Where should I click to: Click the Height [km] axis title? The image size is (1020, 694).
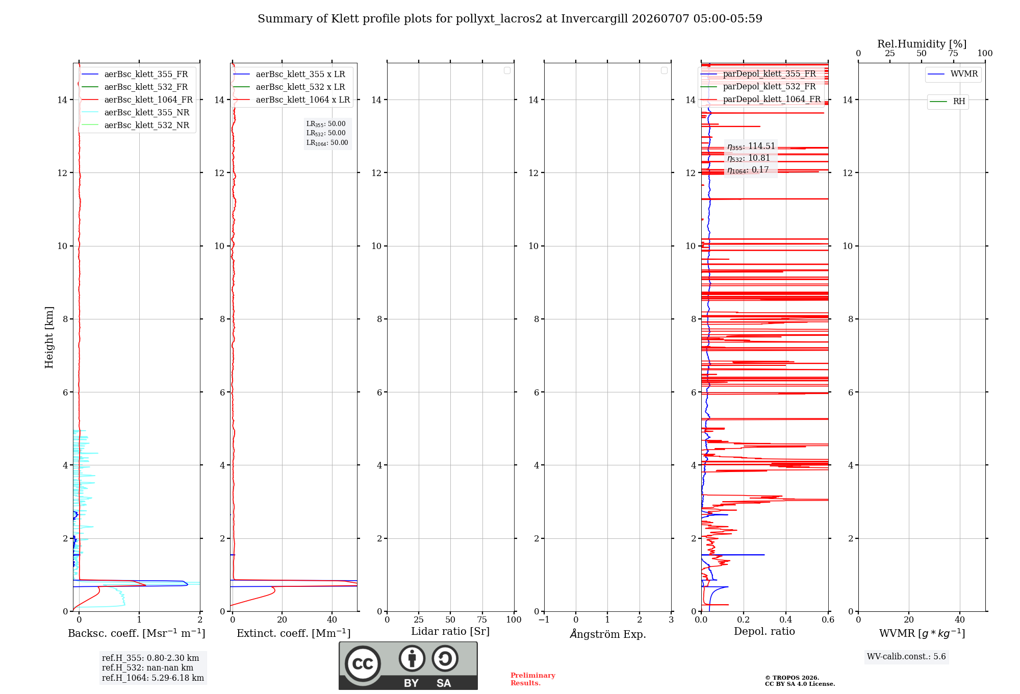point(49,337)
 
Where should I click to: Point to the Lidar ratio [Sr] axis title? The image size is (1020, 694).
point(450,631)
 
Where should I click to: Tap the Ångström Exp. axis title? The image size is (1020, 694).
point(608,634)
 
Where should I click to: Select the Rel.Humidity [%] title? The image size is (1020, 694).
point(922,44)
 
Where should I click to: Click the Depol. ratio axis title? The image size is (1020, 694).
point(764,631)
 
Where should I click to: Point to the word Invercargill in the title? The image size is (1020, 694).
point(594,19)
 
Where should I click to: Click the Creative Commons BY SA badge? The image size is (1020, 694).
point(408,665)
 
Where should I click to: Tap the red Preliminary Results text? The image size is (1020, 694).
point(533,679)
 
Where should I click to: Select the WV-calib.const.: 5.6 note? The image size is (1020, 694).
point(906,657)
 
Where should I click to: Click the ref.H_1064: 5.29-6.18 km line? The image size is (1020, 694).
point(153,678)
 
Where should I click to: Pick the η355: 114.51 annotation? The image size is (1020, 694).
point(751,146)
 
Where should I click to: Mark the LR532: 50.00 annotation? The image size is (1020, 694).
point(326,133)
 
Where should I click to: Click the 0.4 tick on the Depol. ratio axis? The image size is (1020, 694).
point(786,620)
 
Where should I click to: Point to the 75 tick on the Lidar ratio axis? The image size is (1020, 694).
point(482,620)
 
